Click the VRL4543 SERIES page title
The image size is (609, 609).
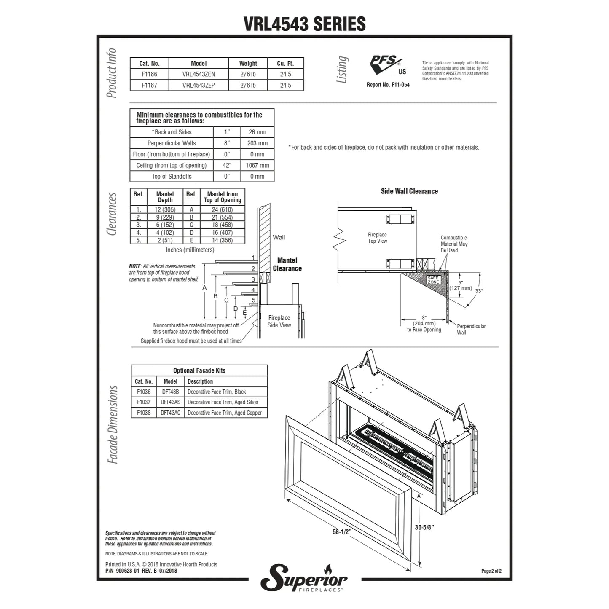(x=304, y=24)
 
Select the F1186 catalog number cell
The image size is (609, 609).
(x=149, y=74)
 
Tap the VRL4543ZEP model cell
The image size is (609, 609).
(x=199, y=85)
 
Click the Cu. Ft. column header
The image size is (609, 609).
(x=285, y=63)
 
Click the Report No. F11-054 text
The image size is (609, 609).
(x=388, y=85)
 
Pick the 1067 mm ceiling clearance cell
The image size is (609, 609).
(x=257, y=165)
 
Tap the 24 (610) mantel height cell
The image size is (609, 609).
(x=222, y=209)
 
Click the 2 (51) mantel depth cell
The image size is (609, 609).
(x=165, y=240)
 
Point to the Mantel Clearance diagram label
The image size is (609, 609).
(x=287, y=264)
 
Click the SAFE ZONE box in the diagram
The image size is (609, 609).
(x=433, y=280)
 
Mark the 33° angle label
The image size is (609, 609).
(x=479, y=291)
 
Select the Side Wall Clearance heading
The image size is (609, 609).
(x=409, y=191)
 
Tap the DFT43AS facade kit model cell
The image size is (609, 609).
(x=170, y=402)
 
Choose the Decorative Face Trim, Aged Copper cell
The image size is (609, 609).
(x=225, y=413)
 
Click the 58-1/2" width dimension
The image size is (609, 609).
(x=342, y=532)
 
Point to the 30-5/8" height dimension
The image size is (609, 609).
(x=424, y=527)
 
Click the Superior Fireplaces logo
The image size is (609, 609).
(x=304, y=578)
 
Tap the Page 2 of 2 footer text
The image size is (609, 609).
(x=491, y=571)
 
